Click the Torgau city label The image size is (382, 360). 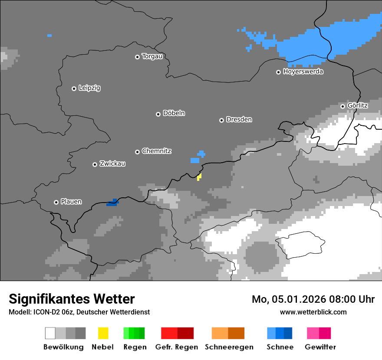[x=152, y=56]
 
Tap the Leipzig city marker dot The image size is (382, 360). [x=74, y=88]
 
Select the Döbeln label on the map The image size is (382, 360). [x=174, y=113]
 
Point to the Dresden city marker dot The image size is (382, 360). [x=221, y=120]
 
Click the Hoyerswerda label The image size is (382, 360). [x=303, y=72]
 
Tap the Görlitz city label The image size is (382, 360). [x=357, y=105]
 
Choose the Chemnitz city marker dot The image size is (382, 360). [x=137, y=152]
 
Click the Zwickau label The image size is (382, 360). [x=112, y=164]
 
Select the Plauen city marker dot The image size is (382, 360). [x=56, y=202]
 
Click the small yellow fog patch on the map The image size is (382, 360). [x=199, y=177]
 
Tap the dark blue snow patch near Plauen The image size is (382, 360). [x=112, y=203]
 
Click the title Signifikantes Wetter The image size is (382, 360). [x=72, y=299]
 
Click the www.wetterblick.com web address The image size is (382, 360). [x=313, y=312]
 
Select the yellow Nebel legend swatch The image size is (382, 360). [x=103, y=333]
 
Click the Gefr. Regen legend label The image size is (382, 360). [x=176, y=347]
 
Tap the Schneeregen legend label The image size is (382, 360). [x=229, y=347]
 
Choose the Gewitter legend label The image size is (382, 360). [x=320, y=347]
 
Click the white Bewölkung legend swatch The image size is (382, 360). [x=50, y=333]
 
